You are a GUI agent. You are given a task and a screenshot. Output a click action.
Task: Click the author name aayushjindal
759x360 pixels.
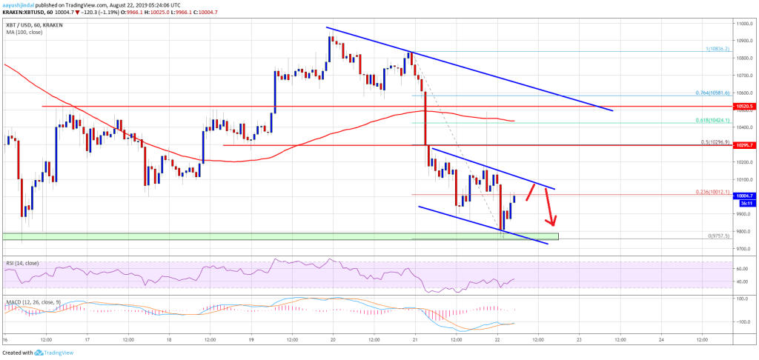[x=21, y=4]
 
